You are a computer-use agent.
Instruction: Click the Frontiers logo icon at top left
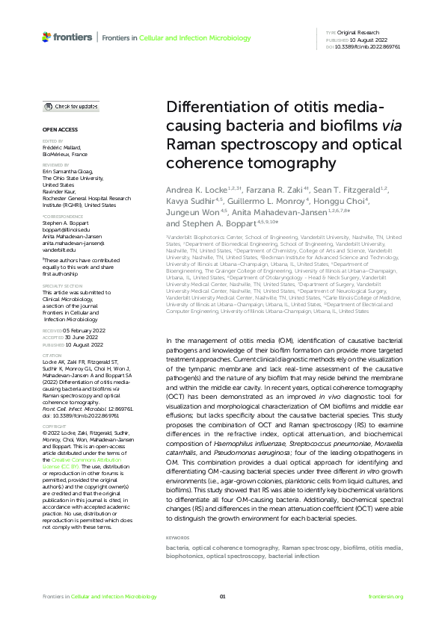(x=47, y=37)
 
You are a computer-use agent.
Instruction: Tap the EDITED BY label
(x=52, y=141)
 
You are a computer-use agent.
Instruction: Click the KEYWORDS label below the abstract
(x=177, y=517)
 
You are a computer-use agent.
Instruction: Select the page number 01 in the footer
(x=222, y=596)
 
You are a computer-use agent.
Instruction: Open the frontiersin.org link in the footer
(x=386, y=596)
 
